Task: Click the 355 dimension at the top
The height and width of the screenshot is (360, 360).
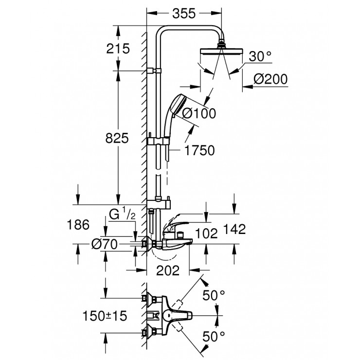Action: click(184, 14)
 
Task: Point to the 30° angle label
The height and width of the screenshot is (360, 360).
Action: click(260, 56)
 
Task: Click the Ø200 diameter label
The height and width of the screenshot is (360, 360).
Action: click(271, 78)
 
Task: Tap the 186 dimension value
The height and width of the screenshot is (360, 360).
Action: click(77, 225)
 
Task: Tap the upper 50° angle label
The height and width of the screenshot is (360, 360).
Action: click(214, 294)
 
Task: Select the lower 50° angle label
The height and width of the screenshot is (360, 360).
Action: click(214, 336)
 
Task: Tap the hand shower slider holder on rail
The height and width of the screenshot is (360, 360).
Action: click(159, 141)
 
